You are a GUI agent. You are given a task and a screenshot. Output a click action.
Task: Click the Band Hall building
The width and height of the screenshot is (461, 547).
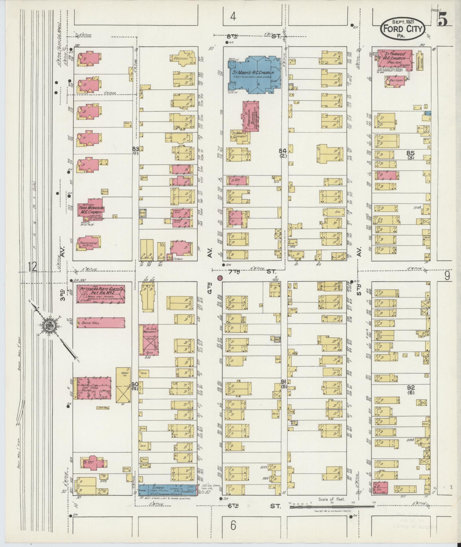(101, 322)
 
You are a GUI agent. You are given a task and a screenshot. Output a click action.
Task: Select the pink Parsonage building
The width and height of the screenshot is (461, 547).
(89, 243)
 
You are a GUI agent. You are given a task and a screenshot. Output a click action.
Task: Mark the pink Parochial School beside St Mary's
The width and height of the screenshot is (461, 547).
(251, 116)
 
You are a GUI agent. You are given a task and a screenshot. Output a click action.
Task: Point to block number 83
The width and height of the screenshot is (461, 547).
(135, 149)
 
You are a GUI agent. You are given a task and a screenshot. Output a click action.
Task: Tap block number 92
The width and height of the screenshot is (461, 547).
(411, 388)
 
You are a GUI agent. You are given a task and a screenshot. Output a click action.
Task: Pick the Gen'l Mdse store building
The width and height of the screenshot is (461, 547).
(92, 388)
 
